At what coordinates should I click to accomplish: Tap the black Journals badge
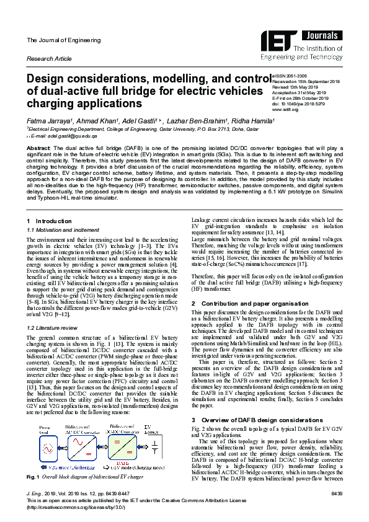(326, 35)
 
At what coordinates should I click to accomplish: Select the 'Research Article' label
(49, 58)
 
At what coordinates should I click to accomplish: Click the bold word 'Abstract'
(38, 149)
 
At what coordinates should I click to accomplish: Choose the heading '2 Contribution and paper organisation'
(247, 304)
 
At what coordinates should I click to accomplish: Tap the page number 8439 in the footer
(336, 492)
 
